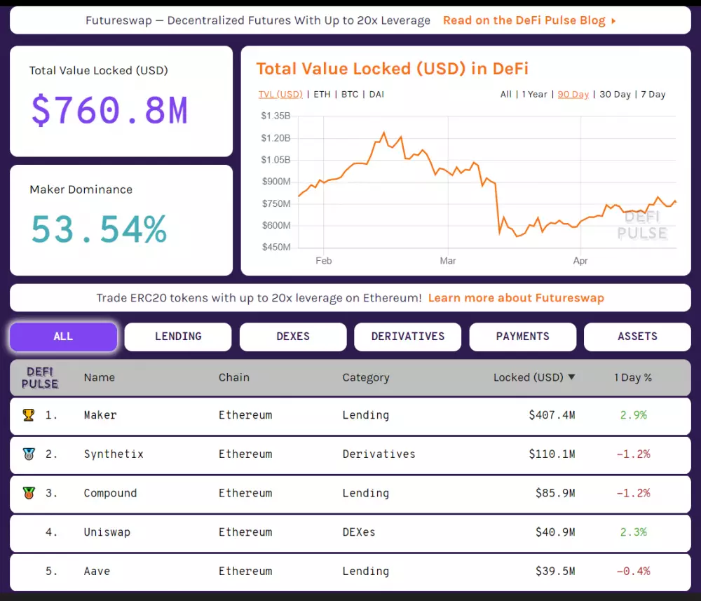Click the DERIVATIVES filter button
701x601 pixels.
[407, 337]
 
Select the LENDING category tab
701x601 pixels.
[178, 337]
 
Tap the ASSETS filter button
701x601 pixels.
[637, 337]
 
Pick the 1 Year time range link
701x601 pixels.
[534, 95]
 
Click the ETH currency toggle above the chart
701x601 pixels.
[322, 95]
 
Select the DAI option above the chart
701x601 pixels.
[376, 95]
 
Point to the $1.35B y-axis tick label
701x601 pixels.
[275, 116]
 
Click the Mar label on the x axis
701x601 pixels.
[448, 261]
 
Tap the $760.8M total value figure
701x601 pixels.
[109, 110]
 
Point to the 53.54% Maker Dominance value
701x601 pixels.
[99, 229]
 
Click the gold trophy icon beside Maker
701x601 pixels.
[28, 415]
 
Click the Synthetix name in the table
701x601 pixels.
[114, 454]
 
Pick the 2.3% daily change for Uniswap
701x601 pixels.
[633, 532]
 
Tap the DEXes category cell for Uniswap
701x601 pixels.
[359, 532]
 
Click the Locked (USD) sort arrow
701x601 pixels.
[571, 377]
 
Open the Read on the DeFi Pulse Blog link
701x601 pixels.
[529, 20]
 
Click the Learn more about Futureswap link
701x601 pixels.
[516, 298]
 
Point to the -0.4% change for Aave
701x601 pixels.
[633, 572]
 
